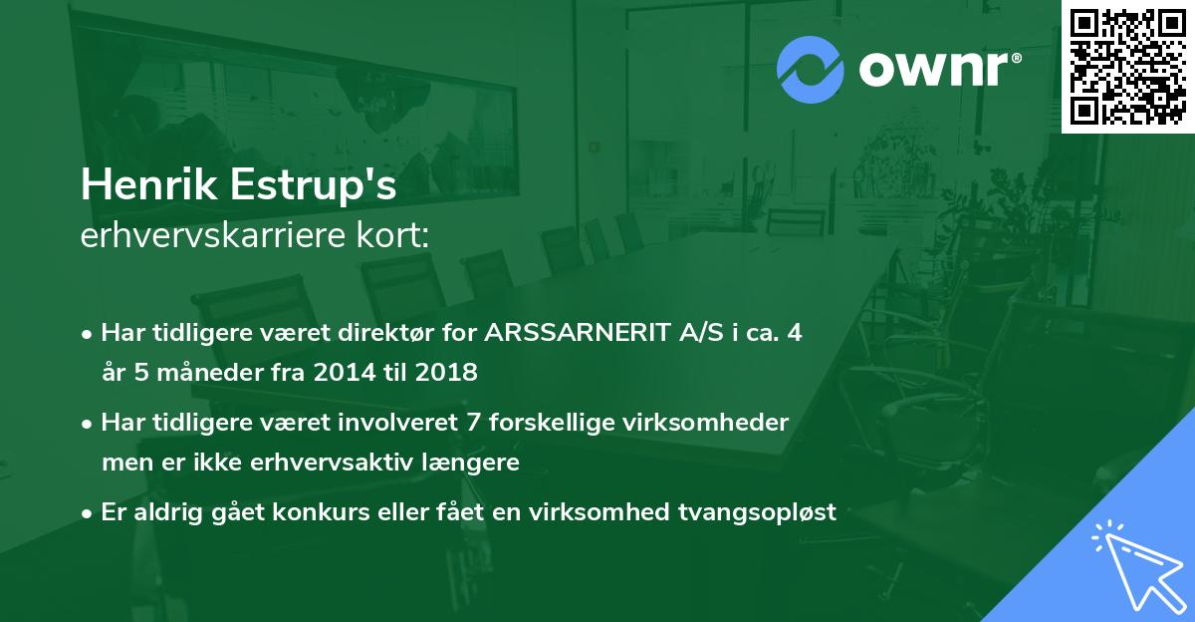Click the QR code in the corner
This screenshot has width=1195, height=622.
(1127, 67)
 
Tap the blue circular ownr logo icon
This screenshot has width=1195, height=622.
(811, 70)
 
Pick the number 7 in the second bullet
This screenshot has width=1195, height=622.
(466, 423)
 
